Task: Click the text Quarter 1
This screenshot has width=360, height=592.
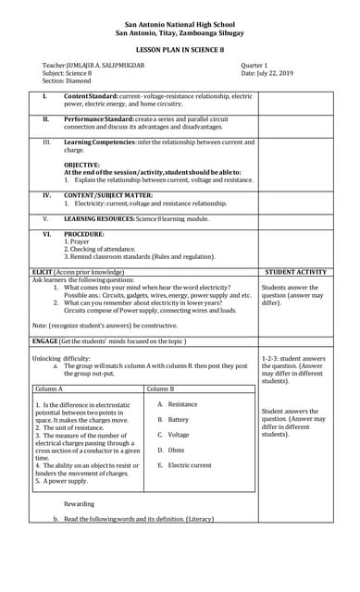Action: coord(254,65)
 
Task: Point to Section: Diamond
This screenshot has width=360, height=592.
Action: coord(66,80)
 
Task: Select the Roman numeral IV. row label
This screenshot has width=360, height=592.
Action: coord(46,195)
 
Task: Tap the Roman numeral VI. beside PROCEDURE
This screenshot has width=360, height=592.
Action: coord(46,235)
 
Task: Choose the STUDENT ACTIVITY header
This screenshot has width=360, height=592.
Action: coord(295,273)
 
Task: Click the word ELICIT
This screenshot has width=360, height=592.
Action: coord(43,273)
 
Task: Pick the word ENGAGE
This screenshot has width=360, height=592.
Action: coord(44,341)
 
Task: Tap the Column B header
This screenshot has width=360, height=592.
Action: coord(161,389)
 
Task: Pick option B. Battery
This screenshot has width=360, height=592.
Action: coord(173,419)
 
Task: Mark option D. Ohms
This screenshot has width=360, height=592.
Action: coord(171,450)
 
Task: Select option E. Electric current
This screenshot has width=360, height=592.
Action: coord(184,464)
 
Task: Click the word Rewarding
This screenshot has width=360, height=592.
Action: coord(79,503)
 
